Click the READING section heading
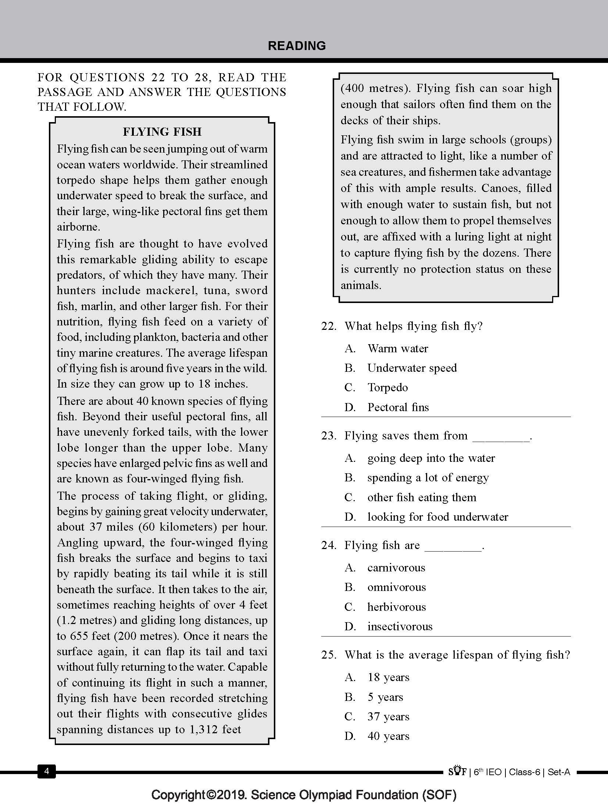pyautogui.click(x=297, y=46)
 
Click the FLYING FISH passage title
pyautogui.click(x=162, y=132)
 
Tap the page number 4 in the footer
pyautogui.click(x=46, y=771)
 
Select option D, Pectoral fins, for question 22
pyautogui.click(x=398, y=407)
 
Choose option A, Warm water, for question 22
pyautogui.click(x=398, y=348)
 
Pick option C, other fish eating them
pyautogui.click(x=422, y=497)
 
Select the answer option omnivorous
pyautogui.click(x=396, y=587)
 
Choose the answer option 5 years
pyautogui.click(x=385, y=697)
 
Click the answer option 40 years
pyautogui.click(x=388, y=736)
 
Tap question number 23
pyautogui.click(x=329, y=436)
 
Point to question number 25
pyautogui.click(x=329, y=655)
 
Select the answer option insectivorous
pyautogui.click(x=400, y=626)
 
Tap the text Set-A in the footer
pyautogui.click(x=559, y=771)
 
